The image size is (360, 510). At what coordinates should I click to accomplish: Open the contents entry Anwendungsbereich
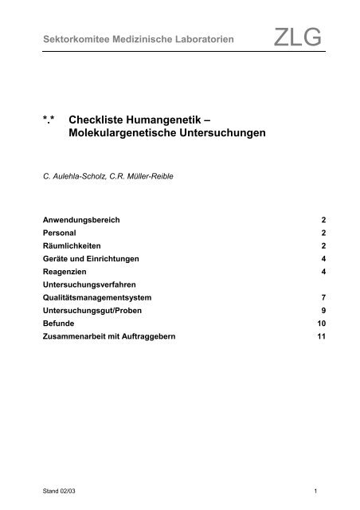pyautogui.click(x=79, y=218)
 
